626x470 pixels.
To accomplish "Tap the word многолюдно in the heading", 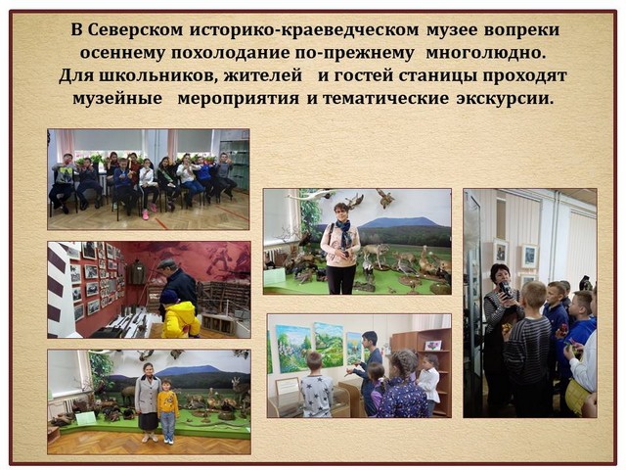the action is tap(485, 53).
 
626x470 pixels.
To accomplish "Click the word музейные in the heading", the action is tap(117, 99).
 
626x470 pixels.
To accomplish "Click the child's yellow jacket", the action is tap(180, 319).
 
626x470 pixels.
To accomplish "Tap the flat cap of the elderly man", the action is tap(167, 263).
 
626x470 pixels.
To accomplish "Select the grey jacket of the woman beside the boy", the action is tap(147, 396).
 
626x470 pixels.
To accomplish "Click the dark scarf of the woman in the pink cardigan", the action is tap(343, 232).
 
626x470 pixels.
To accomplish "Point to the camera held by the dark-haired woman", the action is tap(505, 290).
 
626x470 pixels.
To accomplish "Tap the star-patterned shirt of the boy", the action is tap(317, 397).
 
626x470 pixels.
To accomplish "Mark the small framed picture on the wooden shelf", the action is tap(433, 346).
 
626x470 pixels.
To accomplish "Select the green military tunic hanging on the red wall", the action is tap(139, 272).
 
